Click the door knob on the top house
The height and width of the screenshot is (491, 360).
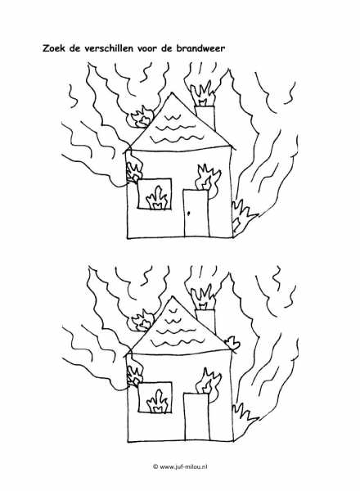189,214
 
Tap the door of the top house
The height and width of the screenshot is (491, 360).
196,213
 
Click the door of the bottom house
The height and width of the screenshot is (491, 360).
196,417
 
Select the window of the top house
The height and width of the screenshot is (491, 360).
155,193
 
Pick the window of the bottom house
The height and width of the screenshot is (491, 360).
155,398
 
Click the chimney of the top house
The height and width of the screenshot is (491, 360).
205,118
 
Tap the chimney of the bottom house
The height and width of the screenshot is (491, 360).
205,321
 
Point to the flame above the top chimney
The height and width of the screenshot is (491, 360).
203,93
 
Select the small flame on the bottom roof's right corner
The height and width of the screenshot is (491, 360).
233,344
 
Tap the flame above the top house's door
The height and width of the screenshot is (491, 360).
208,180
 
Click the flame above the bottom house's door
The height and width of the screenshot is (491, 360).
208,384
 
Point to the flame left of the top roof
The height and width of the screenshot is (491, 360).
140,117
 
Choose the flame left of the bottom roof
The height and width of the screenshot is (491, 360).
142,320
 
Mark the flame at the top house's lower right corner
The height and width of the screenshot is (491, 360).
244,217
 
